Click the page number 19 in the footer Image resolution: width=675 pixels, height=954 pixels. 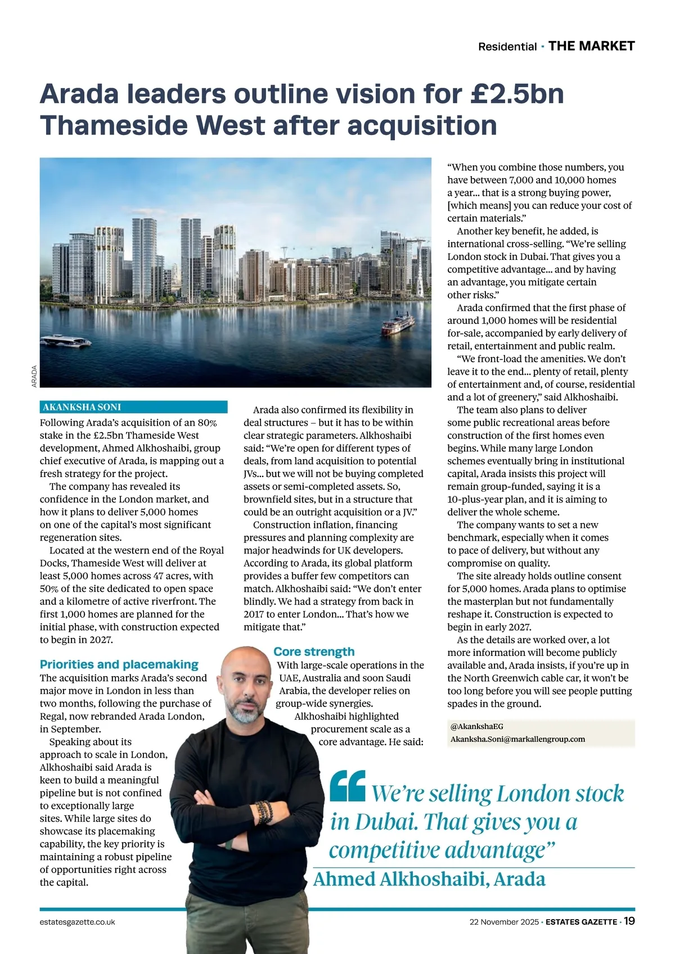coord(629,921)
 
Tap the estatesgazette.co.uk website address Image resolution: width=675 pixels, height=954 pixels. coord(78,922)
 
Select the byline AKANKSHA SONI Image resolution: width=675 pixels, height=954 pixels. coord(82,407)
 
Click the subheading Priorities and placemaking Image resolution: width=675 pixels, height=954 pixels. coord(119,664)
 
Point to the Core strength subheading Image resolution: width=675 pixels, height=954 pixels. coord(314,651)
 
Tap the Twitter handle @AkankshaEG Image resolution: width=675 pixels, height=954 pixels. coord(477,726)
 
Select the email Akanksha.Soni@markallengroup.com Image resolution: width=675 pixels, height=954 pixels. coord(517,739)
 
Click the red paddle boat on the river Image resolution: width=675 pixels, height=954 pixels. coord(398,324)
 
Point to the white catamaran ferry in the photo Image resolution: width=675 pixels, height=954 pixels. coord(66,341)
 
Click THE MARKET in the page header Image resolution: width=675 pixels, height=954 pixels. coord(591,46)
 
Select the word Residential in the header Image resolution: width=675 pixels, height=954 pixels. coord(507,47)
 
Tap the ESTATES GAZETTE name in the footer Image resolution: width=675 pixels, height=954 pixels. coord(581,922)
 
